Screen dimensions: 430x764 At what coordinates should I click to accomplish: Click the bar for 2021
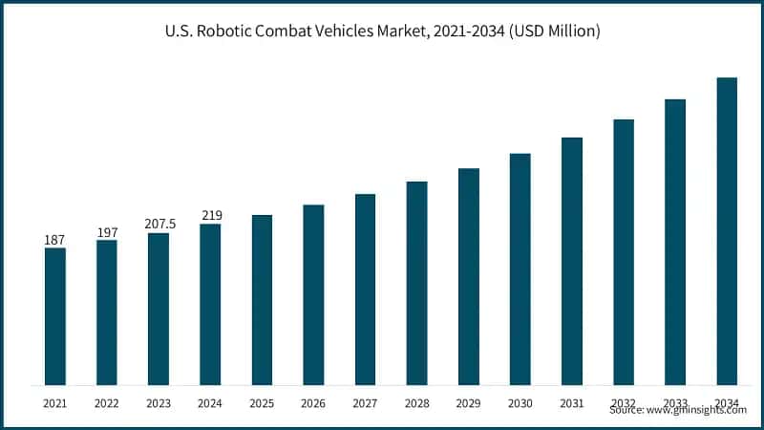click(x=55, y=316)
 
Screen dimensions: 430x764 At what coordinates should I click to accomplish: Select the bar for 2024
click(x=210, y=305)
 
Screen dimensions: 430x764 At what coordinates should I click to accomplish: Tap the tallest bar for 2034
click(x=727, y=231)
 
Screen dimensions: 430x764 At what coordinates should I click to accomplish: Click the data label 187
click(x=55, y=239)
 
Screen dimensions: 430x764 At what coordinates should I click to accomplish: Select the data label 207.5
click(x=159, y=224)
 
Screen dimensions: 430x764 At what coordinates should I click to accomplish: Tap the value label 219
click(x=210, y=215)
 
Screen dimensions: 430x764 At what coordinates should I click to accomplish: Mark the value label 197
click(x=107, y=231)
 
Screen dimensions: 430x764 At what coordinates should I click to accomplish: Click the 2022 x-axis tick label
click(x=107, y=404)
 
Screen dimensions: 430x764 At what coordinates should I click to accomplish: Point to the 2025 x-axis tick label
click(x=262, y=404)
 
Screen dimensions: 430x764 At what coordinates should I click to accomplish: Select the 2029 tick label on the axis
click(x=468, y=404)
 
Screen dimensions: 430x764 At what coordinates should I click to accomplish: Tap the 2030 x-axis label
click(x=520, y=404)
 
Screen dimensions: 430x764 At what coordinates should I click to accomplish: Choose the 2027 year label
click(x=365, y=404)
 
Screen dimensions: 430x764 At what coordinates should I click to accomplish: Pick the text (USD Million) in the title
click(x=555, y=32)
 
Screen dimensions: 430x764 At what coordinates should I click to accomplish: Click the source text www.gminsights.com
click(x=696, y=410)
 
